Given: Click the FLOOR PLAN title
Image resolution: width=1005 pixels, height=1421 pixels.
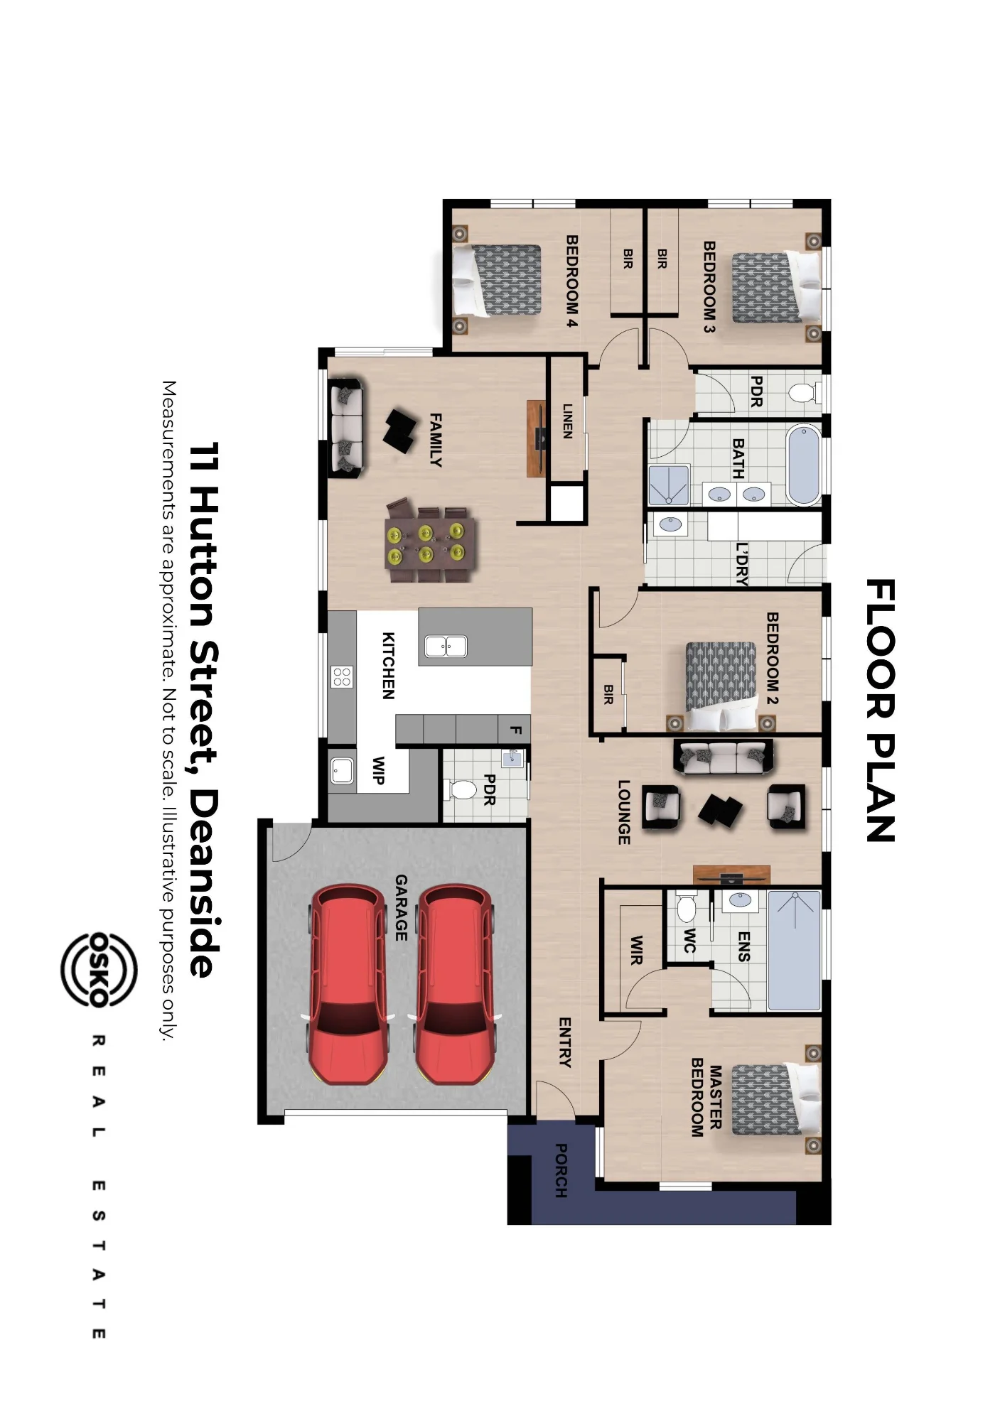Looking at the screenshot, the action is (881, 710).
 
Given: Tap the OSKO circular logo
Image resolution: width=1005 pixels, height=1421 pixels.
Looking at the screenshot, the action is (99, 970).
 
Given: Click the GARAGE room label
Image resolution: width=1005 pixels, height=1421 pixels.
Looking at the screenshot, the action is (402, 907).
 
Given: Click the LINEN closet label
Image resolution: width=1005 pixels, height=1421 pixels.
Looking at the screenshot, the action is (567, 421).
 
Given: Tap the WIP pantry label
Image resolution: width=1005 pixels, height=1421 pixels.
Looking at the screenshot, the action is (378, 770).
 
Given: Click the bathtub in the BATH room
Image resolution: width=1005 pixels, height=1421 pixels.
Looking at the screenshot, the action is (804, 465).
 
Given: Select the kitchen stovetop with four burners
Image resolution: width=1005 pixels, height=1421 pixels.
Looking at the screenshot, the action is (342, 676).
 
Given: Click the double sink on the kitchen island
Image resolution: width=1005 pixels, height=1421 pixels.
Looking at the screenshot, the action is (446, 647).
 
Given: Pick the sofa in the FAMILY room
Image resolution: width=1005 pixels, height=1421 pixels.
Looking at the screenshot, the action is (346, 428).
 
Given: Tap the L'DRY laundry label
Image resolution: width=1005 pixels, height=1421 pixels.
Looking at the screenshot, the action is (741, 564).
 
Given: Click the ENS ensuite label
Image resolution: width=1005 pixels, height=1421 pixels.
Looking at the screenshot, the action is (743, 946).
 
